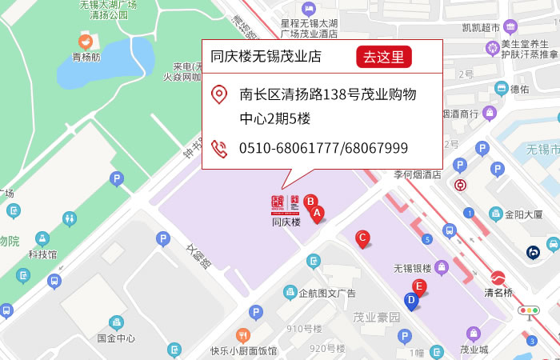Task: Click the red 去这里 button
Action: coord(385,57)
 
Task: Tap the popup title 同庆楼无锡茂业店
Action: coord(266,57)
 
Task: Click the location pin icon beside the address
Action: coord(218,95)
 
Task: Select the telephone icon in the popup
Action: coord(218,148)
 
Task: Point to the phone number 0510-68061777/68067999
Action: coord(323,148)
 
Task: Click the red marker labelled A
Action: coord(317,214)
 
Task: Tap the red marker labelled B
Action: coord(310,202)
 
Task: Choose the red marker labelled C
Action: coord(362,238)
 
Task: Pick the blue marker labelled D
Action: coord(411,301)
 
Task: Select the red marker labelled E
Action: coord(418,286)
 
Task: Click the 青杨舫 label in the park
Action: coord(86,57)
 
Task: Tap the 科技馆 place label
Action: coord(42,254)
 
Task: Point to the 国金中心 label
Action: coord(116,338)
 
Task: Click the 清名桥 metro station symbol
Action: coord(498,278)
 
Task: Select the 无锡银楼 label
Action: coord(412,268)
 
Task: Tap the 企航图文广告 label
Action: coord(326,293)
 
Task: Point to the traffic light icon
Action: coord(529,310)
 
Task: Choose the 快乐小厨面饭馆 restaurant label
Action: coord(244,350)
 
